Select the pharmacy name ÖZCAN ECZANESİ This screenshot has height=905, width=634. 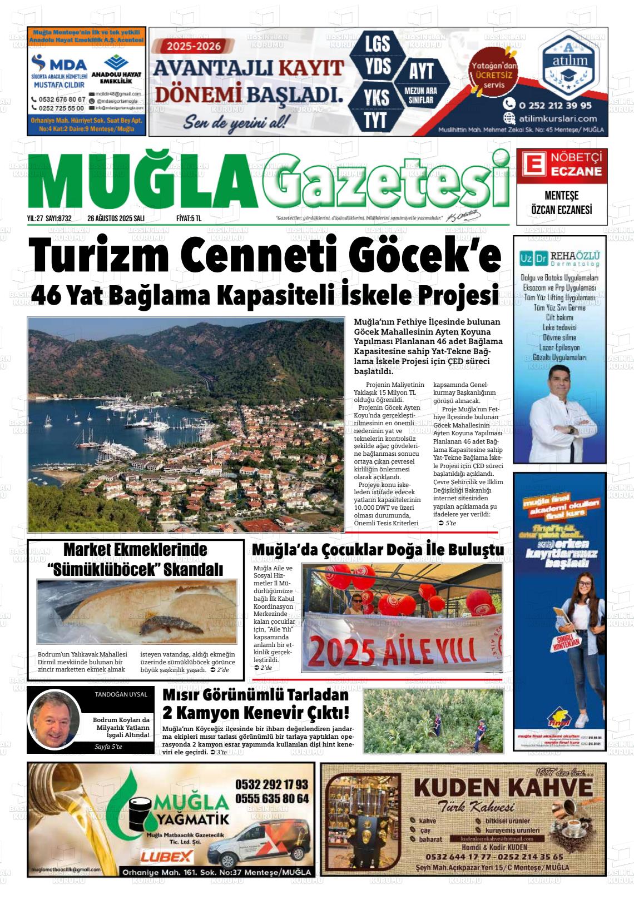point(562,210)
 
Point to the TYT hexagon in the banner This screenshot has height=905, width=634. point(377,120)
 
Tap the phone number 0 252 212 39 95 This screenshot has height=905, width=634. point(555,105)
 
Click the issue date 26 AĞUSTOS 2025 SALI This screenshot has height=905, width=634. point(116,219)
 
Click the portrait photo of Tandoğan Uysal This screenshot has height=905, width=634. point(55,718)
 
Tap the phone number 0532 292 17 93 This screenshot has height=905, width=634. point(271,784)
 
